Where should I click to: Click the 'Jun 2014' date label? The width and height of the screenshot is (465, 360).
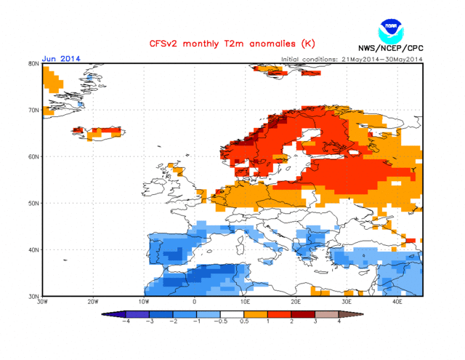[x=62, y=58]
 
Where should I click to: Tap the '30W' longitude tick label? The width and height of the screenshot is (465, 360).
[x=42, y=302]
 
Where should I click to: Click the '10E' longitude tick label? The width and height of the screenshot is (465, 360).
[x=246, y=302]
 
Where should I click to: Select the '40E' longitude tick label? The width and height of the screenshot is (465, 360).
[x=398, y=302]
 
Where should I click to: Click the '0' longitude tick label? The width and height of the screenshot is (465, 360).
[x=195, y=302]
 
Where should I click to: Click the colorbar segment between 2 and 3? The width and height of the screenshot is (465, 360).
[x=304, y=315]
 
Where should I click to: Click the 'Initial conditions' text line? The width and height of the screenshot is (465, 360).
[x=351, y=59]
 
